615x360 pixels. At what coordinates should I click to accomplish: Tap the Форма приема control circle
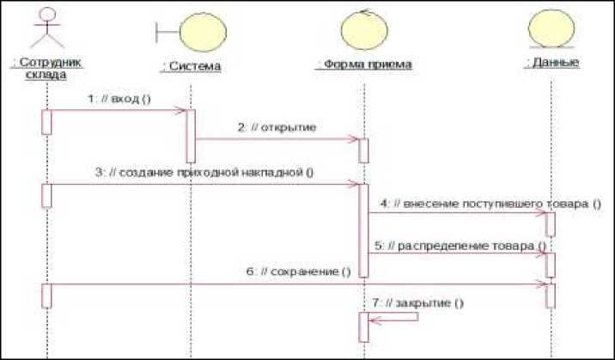(x=364, y=31)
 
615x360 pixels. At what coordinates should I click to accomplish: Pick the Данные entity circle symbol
(x=550, y=31)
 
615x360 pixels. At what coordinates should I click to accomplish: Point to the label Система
(x=191, y=66)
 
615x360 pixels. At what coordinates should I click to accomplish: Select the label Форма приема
(x=364, y=64)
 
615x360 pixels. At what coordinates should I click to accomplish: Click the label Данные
(x=551, y=63)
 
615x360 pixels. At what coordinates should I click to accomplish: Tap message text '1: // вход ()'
(x=119, y=99)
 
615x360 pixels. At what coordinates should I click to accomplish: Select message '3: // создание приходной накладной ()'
(x=204, y=172)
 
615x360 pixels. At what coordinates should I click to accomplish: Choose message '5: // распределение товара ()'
(x=460, y=246)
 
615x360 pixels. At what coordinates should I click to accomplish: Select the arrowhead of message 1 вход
(x=181, y=111)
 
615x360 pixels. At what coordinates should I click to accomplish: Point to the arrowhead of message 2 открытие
(x=354, y=139)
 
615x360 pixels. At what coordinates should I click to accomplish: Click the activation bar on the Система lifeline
(x=191, y=136)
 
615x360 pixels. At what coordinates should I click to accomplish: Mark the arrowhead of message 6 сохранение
(x=541, y=284)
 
